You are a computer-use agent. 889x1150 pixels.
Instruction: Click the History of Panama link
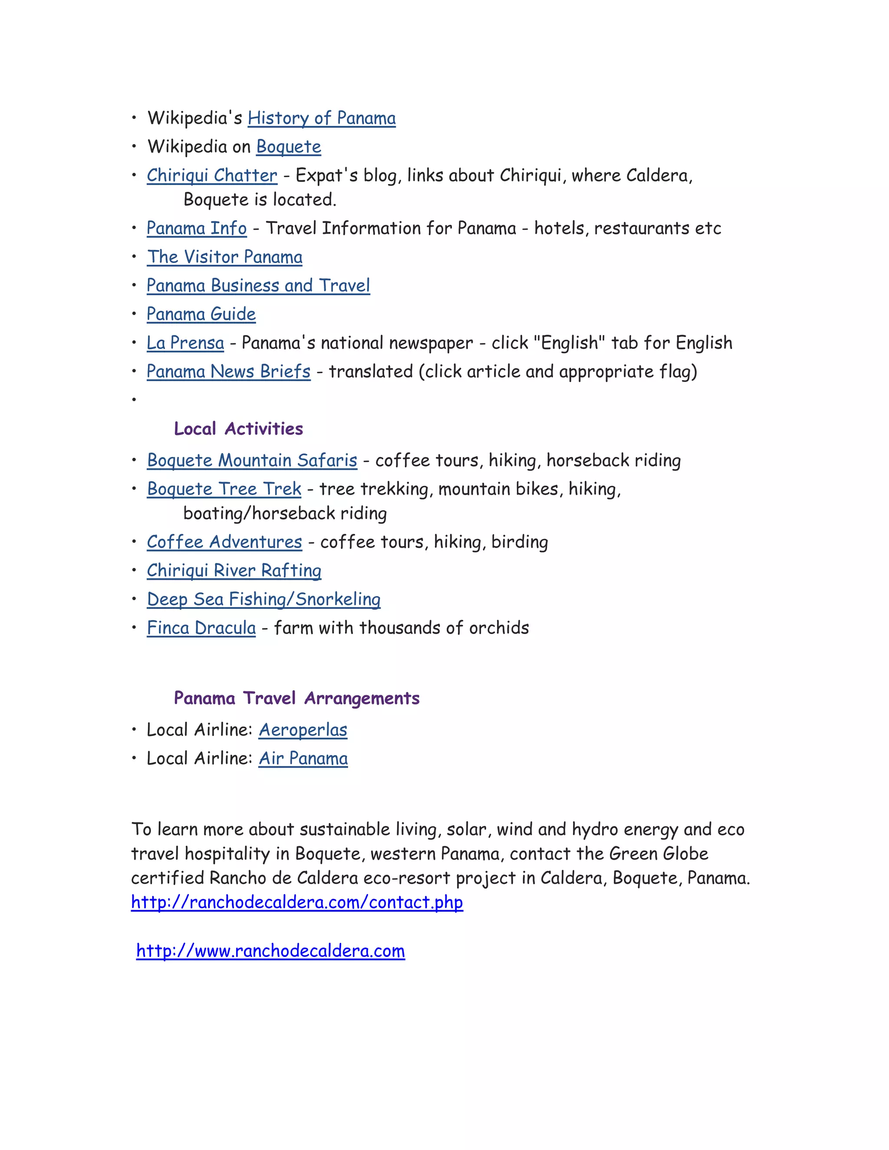[321, 118]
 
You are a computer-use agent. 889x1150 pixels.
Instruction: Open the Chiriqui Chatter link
[212, 175]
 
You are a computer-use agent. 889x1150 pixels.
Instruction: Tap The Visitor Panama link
[224, 257]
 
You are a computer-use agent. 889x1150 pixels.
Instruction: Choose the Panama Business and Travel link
[258, 286]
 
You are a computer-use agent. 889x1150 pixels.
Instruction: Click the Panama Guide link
[201, 314]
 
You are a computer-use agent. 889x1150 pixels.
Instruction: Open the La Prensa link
[185, 343]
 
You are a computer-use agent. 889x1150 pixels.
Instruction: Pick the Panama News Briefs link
[229, 372]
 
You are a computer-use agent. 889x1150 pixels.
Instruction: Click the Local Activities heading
[239, 429]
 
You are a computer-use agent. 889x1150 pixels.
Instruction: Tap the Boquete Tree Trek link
[224, 489]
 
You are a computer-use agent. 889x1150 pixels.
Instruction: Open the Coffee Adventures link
[224, 542]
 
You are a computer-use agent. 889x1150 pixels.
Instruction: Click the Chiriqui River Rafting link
[234, 571]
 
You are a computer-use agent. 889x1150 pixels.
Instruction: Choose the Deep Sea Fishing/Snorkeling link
[263, 599]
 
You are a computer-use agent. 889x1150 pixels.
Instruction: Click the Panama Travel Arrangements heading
[296, 698]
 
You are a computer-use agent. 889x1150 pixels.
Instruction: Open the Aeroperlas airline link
[303, 730]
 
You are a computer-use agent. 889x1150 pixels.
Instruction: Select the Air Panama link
[303, 758]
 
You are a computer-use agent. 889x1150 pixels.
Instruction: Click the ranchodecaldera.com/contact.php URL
[297, 902]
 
